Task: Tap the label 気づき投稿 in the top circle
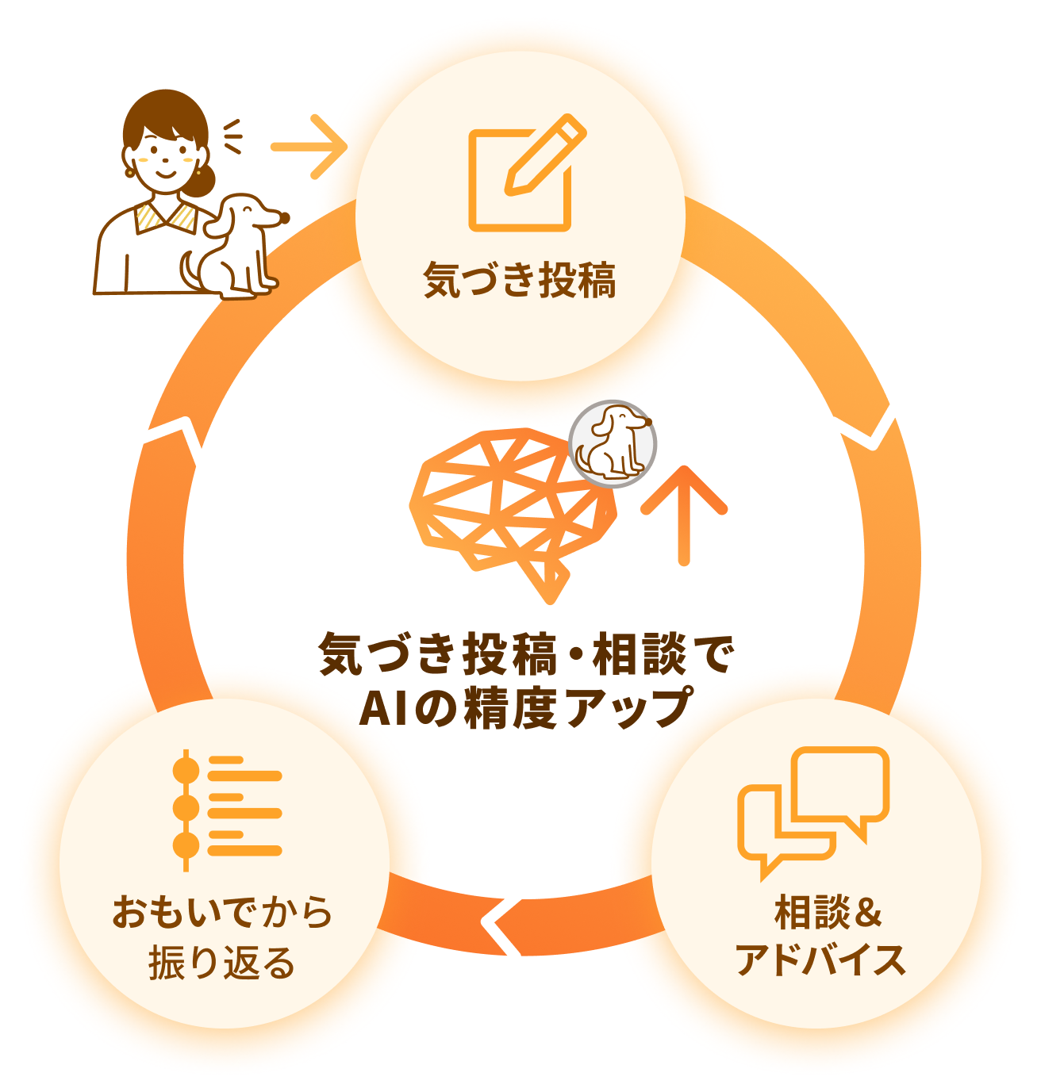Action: click(x=520, y=280)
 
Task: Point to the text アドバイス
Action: click(x=820, y=960)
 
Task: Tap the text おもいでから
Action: click(x=222, y=912)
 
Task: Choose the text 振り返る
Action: click(x=222, y=962)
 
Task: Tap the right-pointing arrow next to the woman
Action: click(x=309, y=147)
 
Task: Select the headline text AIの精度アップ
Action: click(x=525, y=708)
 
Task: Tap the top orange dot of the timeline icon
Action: click(x=186, y=770)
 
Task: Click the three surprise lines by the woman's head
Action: click(x=232, y=137)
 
